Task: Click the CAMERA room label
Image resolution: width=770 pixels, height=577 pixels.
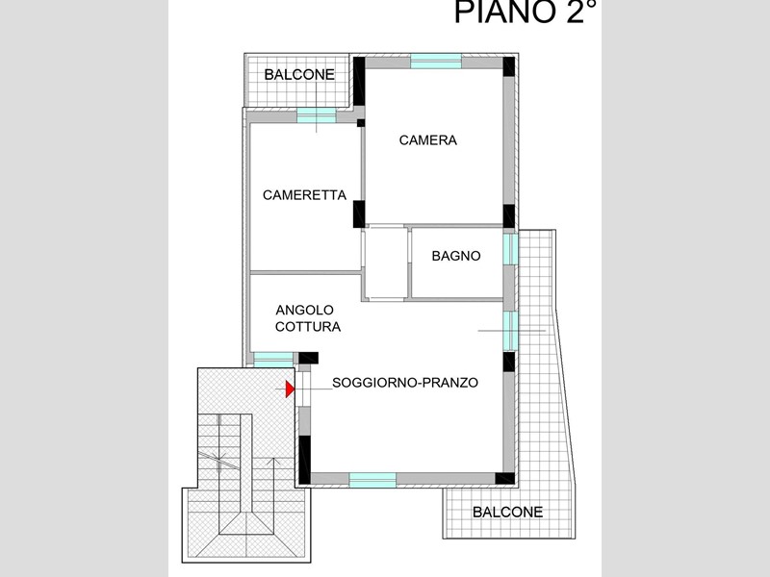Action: pyautogui.click(x=427, y=140)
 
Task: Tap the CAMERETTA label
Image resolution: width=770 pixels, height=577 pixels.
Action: pyautogui.click(x=304, y=195)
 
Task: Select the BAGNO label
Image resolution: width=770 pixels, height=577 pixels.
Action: pyautogui.click(x=456, y=256)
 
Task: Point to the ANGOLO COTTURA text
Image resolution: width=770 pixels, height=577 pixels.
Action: pyautogui.click(x=308, y=318)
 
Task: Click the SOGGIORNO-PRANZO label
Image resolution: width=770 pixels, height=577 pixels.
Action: pyautogui.click(x=405, y=383)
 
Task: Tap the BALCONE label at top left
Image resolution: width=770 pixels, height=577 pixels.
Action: pyautogui.click(x=299, y=75)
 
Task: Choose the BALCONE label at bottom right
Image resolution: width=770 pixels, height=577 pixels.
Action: pyautogui.click(x=508, y=513)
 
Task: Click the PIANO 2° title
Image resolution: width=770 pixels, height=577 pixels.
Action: pyautogui.click(x=526, y=12)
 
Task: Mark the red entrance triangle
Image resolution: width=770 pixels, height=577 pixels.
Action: pyautogui.click(x=291, y=389)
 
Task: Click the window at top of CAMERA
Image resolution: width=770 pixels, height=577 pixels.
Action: pyautogui.click(x=436, y=62)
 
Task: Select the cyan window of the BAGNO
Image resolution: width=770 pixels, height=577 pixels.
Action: pyautogui.click(x=511, y=249)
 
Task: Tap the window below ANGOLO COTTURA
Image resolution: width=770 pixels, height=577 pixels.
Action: pyautogui.click(x=273, y=360)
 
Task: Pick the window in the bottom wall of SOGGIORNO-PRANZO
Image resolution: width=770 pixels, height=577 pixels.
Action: pyautogui.click(x=372, y=480)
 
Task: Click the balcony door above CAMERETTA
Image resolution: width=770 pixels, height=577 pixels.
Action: pyautogui.click(x=317, y=115)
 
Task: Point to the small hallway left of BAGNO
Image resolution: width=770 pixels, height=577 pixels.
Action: pyautogui.click(x=386, y=263)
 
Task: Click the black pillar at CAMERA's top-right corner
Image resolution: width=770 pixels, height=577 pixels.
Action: pyautogui.click(x=509, y=66)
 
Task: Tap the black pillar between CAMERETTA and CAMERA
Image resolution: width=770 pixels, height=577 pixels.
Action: pyautogui.click(x=359, y=213)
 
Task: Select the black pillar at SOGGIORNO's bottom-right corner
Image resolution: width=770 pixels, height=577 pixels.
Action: pyautogui.click(x=504, y=478)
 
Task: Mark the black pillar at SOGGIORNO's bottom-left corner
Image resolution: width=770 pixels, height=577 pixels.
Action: pyautogui.click(x=305, y=460)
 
